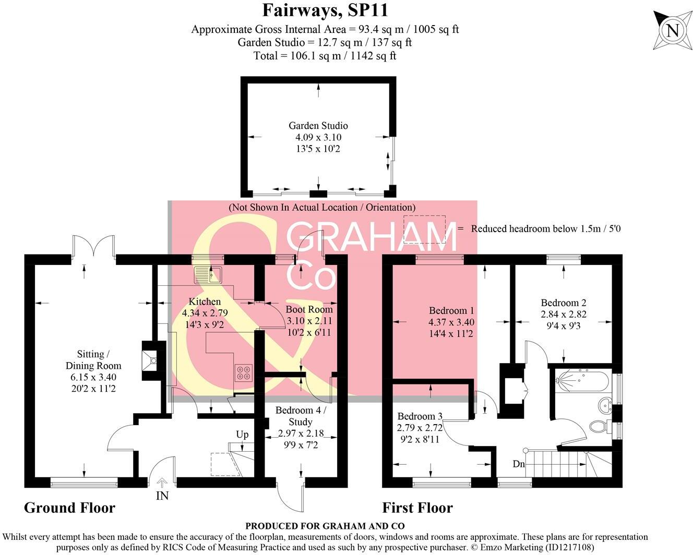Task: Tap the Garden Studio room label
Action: tap(318, 126)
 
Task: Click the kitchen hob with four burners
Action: tap(243, 372)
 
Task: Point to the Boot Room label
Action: tap(309, 309)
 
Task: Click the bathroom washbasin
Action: tap(606, 404)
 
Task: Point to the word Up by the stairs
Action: tap(242, 435)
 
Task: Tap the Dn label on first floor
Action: tap(519, 464)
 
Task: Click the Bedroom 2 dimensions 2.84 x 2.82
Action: tap(563, 314)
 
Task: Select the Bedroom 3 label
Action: tap(420, 416)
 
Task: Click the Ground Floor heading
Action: tap(69, 508)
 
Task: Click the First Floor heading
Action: tap(417, 508)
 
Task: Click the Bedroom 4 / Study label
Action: tap(301, 416)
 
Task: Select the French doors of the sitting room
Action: tap(94, 246)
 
